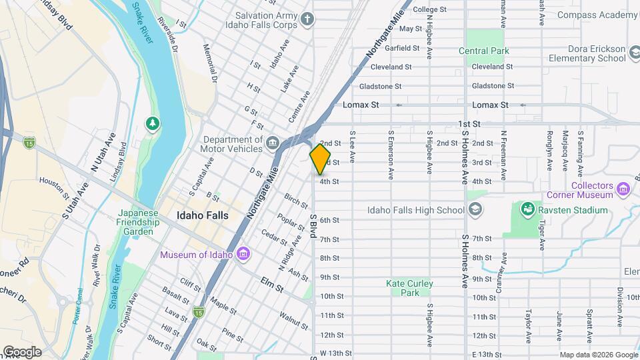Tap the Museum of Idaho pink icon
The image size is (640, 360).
click(244, 254)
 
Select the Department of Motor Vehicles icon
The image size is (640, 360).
click(273, 143)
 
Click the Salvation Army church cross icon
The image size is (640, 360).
click(307, 19)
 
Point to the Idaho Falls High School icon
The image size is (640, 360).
click(474, 210)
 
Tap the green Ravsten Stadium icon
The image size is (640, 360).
click(527, 210)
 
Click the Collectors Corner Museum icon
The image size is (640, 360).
click(624, 189)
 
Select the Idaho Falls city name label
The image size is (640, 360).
click(203, 215)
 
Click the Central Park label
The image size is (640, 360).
click(483, 51)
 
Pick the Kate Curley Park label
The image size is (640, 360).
click(409, 288)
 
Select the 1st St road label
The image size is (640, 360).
click(469, 124)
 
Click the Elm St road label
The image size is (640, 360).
click(272, 284)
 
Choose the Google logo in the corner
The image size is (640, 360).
click(22, 352)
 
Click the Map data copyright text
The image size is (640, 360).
click(597, 355)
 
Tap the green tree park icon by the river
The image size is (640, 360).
click(153, 124)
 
